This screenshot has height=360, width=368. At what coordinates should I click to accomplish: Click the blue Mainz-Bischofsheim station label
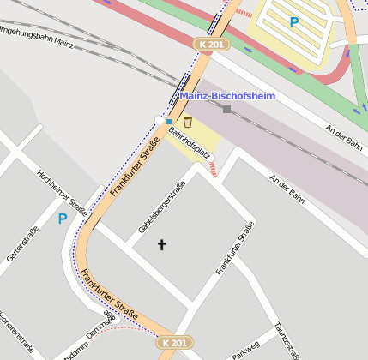click(x=228, y=95)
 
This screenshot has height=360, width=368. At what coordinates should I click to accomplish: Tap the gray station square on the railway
click(x=226, y=109)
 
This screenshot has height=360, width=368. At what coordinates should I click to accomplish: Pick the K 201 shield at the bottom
click(x=172, y=342)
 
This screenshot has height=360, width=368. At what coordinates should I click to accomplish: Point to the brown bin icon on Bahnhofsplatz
click(x=187, y=123)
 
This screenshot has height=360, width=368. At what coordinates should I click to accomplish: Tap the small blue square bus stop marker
click(x=169, y=122)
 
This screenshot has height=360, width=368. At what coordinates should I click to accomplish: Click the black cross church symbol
click(x=161, y=245)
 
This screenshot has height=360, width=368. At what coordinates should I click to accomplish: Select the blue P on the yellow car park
click(x=293, y=22)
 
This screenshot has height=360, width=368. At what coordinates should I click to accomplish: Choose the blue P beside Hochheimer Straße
click(x=62, y=219)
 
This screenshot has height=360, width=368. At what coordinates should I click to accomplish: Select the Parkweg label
click(x=245, y=351)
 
